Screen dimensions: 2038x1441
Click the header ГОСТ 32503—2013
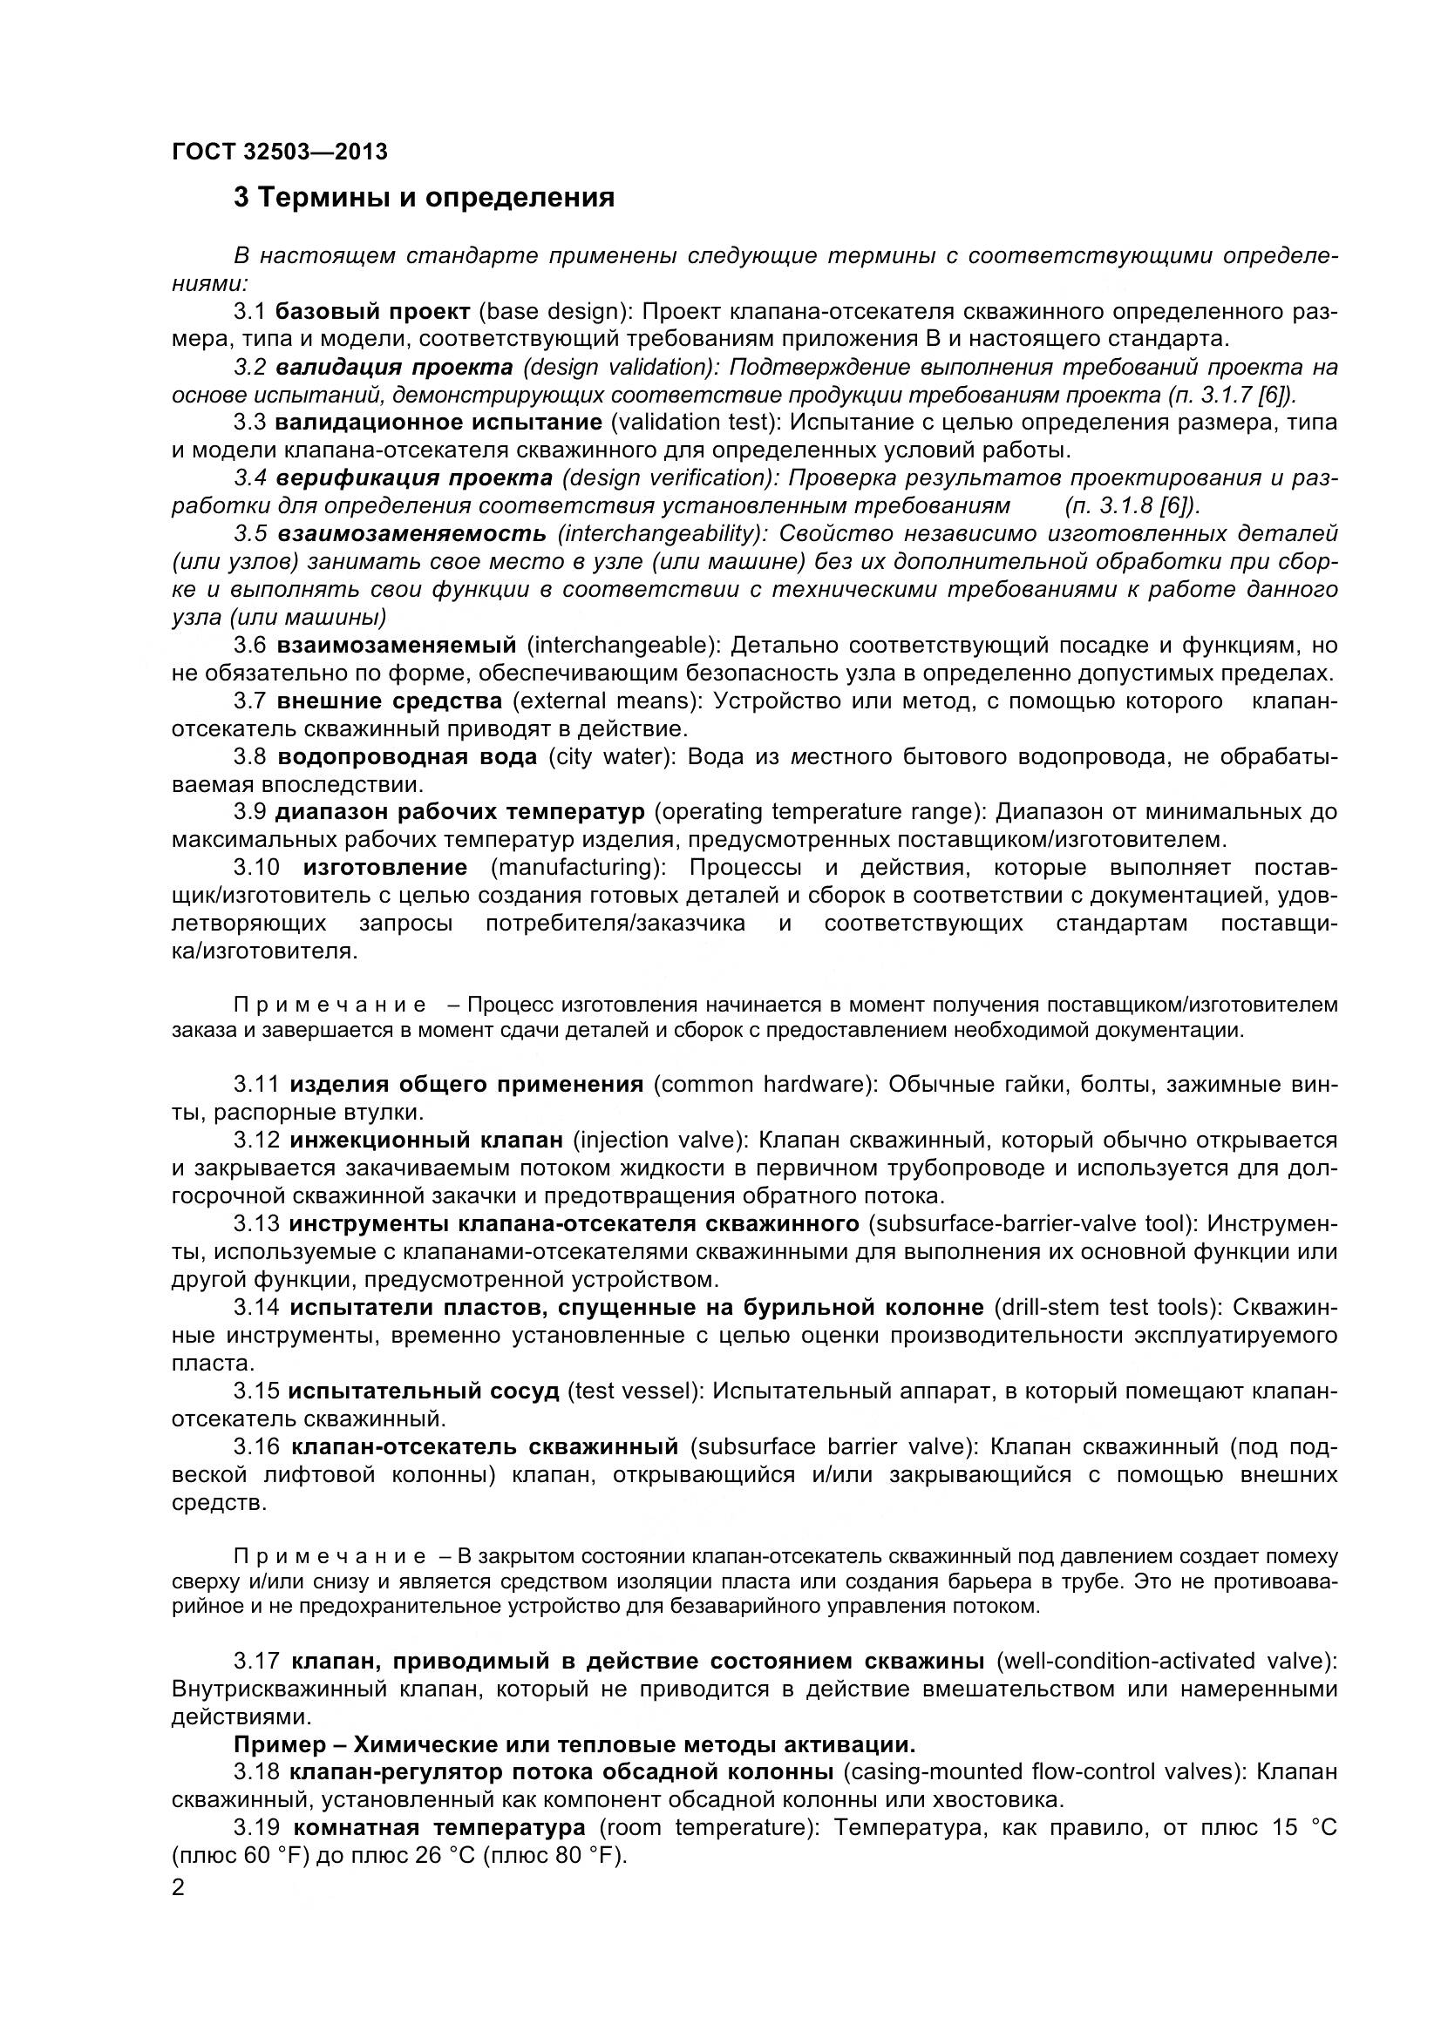(280, 152)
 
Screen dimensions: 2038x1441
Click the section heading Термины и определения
(424, 197)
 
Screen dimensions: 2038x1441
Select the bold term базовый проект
(372, 312)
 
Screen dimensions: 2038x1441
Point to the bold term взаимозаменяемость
(412, 534)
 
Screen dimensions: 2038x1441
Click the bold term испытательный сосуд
(424, 1391)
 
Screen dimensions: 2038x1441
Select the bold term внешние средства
(389, 701)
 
